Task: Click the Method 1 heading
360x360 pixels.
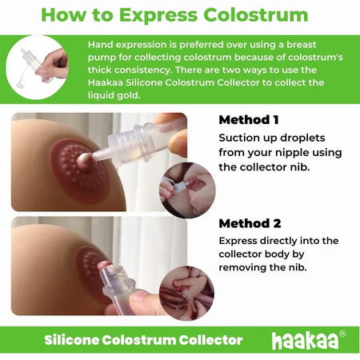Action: (x=249, y=120)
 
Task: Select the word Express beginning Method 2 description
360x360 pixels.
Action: (x=242, y=239)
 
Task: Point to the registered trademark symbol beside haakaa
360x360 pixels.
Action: (x=342, y=334)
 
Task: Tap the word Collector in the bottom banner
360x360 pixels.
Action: (x=210, y=340)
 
